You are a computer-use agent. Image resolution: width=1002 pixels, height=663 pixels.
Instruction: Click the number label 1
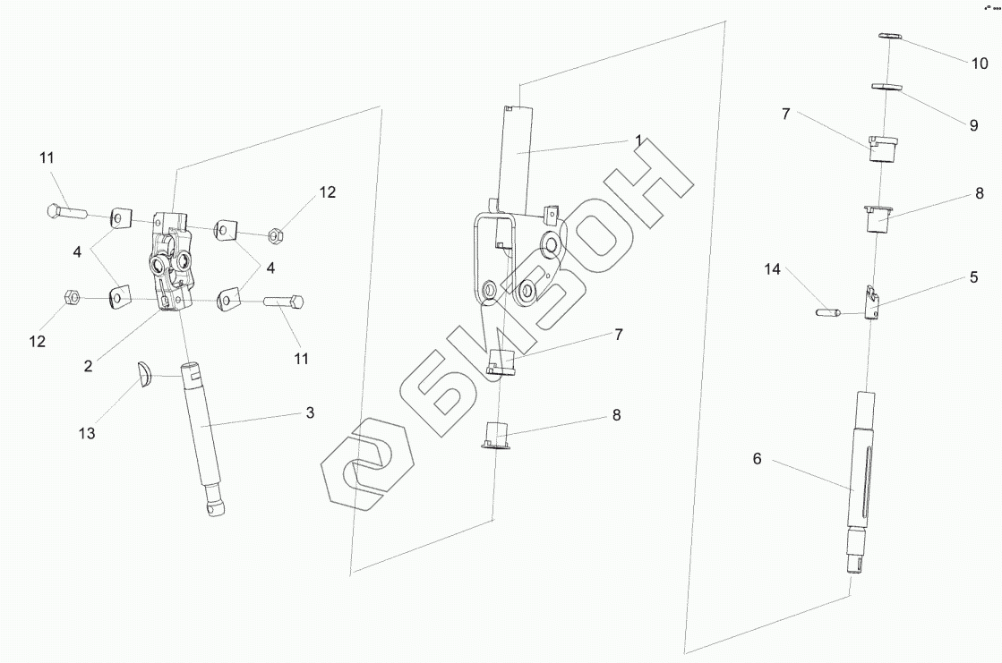click(638, 140)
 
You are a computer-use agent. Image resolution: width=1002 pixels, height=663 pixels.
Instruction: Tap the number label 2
click(89, 365)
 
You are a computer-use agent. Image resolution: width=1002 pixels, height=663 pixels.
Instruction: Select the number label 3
click(310, 412)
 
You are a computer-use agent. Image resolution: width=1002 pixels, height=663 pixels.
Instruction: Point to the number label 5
click(973, 277)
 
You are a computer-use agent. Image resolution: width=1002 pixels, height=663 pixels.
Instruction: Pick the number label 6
click(757, 459)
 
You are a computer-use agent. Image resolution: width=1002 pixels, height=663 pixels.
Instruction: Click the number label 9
click(973, 126)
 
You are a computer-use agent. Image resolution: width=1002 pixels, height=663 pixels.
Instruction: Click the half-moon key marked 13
click(144, 375)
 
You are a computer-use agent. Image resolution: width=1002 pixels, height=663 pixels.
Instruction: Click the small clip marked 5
click(871, 302)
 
